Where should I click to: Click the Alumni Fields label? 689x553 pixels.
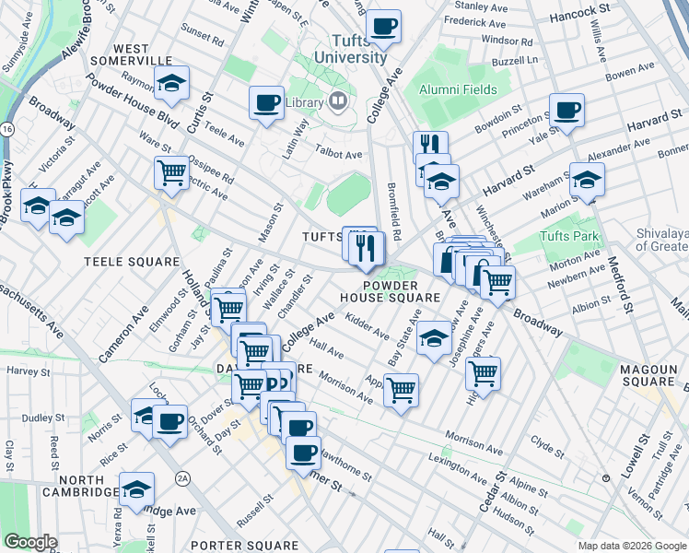pyautogui.click(x=458, y=89)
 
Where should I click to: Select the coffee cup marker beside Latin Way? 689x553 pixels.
pyautogui.click(x=266, y=103)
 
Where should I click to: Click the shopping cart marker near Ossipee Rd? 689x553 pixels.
pyautogui.click(x=172, y=173)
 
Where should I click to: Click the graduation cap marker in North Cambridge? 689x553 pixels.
pyautogui.click(x=137, y=489)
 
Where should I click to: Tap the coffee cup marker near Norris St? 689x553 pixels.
pyautogui.click(x=169, y=422)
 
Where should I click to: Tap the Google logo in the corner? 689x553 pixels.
pyautogui.click(x=30, y=542)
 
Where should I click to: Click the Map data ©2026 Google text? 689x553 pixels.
pyautogui.click(x=632, y=546)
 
